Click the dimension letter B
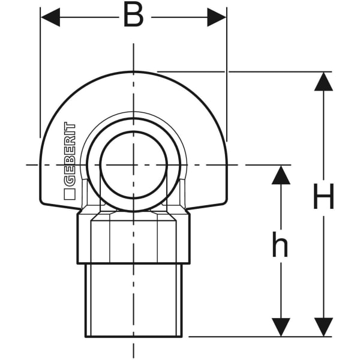click(x=133, y=16)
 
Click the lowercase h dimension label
click(x=280, y=245)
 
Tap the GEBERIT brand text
click(x=70, y=154)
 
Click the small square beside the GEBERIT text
click(x=70, y=194)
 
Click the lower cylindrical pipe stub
click(x=133, y=300)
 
